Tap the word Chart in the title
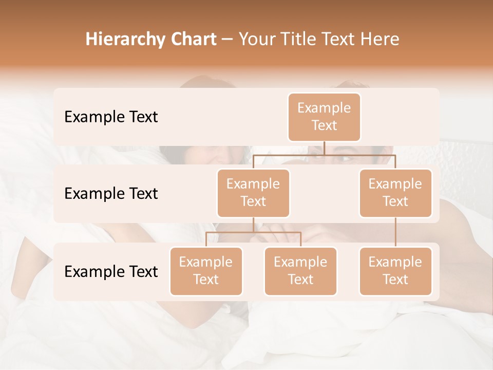click(194, 40)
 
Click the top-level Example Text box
click(324, 117)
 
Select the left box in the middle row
click(253, 193)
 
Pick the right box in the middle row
click(395, 193)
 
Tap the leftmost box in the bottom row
click(206, 271)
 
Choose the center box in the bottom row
click(300, 271)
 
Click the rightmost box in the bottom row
click(395, 271)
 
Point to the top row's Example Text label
click(111, 117)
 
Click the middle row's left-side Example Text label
click(111, 194)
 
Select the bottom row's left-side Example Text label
click(111, 271)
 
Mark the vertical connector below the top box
click(324, 147)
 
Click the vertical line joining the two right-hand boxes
click(395, 232)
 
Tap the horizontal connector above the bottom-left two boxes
click(253, 232)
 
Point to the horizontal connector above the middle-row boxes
click(359, 154)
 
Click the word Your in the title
click(255, 40)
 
